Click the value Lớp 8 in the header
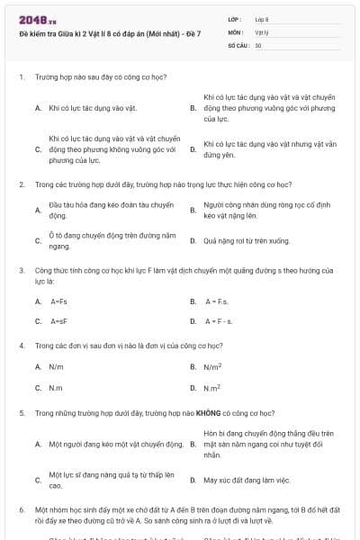[262, 19]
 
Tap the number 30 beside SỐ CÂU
[258, 44]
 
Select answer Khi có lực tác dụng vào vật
[93, 107]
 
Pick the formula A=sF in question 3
[58, 320]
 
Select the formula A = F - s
[219, 320]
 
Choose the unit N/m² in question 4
[212, 366]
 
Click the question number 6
[22, 509]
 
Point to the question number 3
[22, 269]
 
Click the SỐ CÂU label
[238, 44]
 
